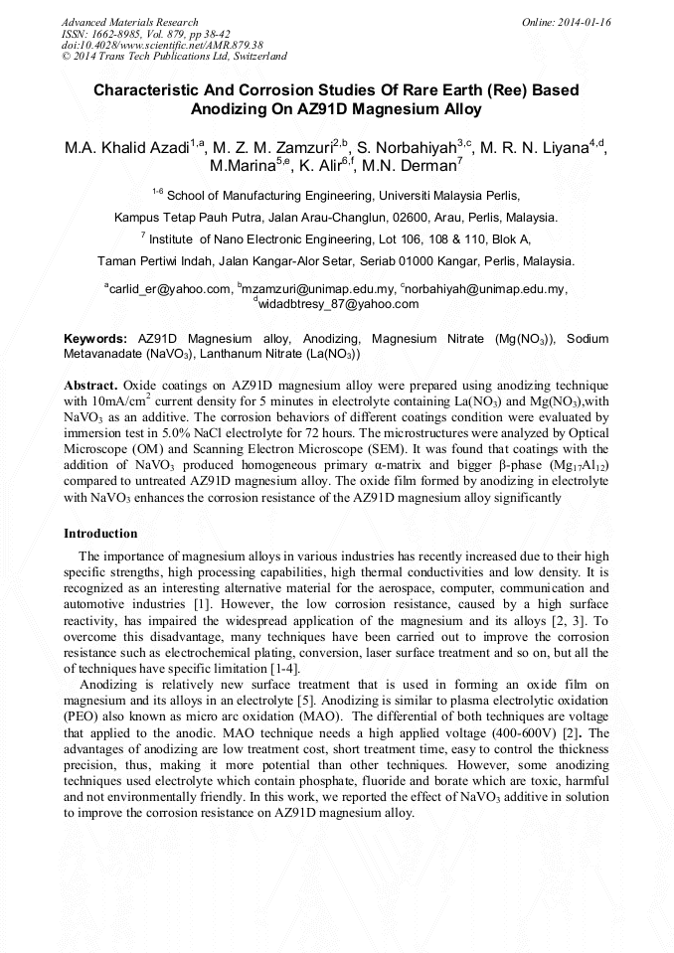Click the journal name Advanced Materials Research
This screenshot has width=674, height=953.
point(129,22)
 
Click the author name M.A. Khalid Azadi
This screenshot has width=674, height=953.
point(126,148)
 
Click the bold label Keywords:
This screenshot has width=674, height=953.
point(95,339)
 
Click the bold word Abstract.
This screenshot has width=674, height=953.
point(90,385)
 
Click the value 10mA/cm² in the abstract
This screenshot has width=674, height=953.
point(120,400)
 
